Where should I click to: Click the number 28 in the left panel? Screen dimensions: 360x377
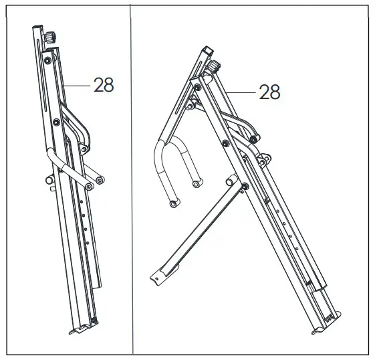pos(104,85)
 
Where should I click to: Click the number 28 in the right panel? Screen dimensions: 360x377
pos(269,92)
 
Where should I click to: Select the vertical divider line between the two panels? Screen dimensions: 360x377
pos(132,181)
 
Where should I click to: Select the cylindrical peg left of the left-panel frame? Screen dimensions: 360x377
pos(49,180)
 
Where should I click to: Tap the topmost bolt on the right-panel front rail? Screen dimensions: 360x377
pos(197,87)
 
